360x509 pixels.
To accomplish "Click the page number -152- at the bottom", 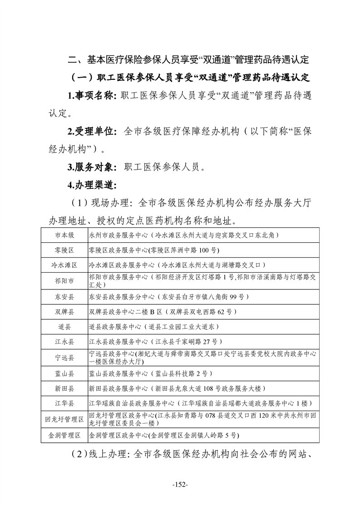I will [180, 485].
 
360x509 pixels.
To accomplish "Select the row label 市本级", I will [64, 235].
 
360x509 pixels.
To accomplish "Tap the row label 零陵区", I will [64, 250].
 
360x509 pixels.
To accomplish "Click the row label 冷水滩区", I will [64, 265].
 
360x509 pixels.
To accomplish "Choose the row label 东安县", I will [64, 297].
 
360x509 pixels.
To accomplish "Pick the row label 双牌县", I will [64, 312].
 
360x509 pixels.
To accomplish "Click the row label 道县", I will [64, 327].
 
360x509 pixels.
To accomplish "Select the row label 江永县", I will [64, 342].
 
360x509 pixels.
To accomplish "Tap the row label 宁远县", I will [64, 357].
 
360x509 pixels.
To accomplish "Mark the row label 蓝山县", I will [64, 374].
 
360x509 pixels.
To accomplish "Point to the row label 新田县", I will [64, 389].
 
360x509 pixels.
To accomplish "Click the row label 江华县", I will [64, 403].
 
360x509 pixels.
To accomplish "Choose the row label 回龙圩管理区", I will [64, 419].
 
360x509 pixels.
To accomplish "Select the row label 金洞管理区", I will [64, 436].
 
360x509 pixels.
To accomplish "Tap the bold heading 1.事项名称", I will [92, 96].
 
